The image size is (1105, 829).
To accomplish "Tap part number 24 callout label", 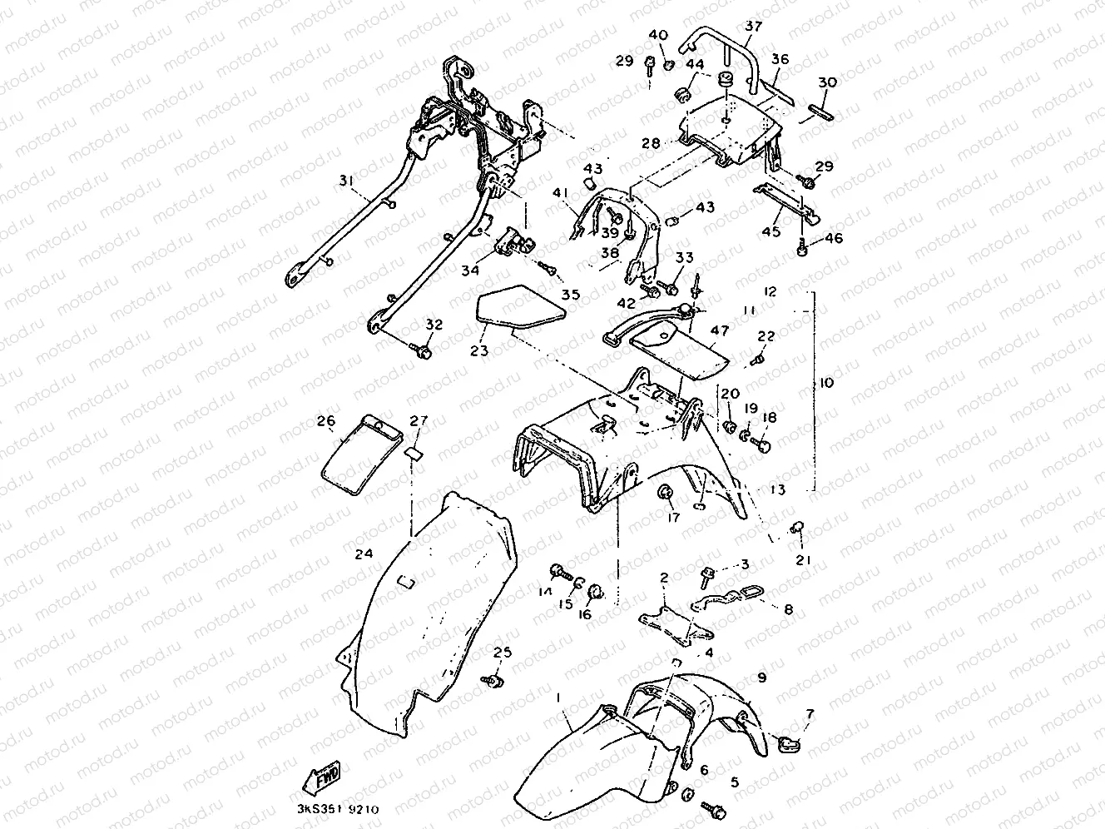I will coord(363,553).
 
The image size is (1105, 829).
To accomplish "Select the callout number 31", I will coord(346,182).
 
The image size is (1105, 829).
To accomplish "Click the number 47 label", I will coord(719,331).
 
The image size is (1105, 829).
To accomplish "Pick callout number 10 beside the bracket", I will coord(825,384).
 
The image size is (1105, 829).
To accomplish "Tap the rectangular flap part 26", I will coord(359,452).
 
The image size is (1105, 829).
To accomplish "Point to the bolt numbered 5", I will coord(713,807).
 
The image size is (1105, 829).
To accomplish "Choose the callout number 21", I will coord(803,560).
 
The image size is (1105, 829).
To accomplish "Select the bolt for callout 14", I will coord(558,572).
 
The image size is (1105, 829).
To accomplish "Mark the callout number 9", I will coord(761,678).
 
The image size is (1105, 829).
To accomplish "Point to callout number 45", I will coord(771,231).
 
